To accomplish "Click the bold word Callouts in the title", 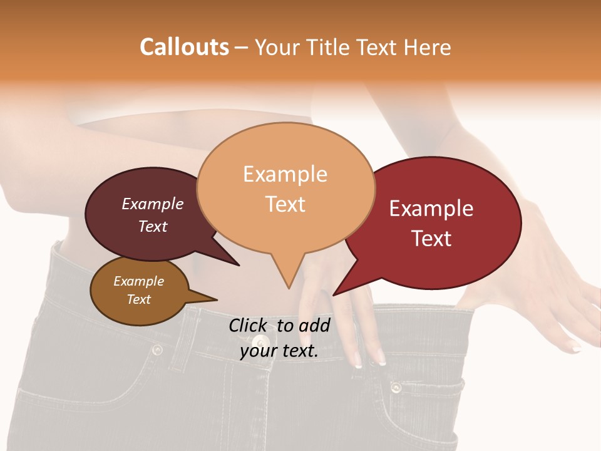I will point(184,47).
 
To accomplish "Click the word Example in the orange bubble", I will point(285,174).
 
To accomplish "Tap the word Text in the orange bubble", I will point(285,204).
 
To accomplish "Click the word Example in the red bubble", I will point(431,209).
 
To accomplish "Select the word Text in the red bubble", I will point(431,239).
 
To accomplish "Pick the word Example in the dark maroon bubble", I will point(152,204).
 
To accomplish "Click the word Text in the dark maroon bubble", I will point(152,226).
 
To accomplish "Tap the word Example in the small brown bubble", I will point(138,281).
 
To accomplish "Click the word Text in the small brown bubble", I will point(138,299).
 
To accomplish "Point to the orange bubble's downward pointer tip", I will point(288,289).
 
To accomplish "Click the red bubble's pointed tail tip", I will point(333,295).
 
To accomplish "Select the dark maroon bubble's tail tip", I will point(239,266).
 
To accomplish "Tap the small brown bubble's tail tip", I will point(217,300).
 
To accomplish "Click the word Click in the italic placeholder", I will point(249,325).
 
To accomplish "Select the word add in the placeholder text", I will point(314,325).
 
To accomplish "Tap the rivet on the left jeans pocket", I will point(157,350).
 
